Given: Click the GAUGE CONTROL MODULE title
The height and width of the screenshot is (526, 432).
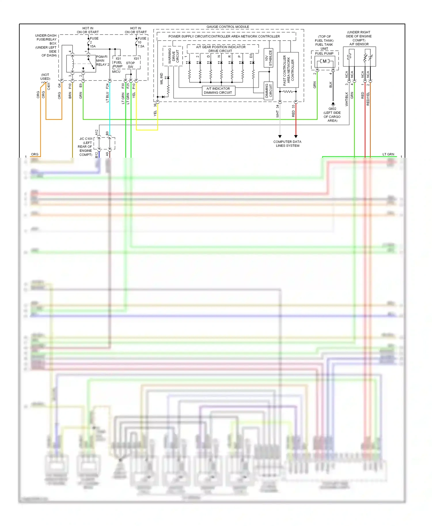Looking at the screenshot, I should pos(228,27).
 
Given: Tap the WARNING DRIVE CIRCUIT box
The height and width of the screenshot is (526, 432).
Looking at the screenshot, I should pos(173,56).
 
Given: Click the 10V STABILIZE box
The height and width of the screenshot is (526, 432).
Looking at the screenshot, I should pos(268,58).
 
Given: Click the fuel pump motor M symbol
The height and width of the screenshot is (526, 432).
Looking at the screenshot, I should pos(325,61).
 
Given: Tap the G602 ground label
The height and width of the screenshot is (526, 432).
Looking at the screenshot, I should pos(332,109).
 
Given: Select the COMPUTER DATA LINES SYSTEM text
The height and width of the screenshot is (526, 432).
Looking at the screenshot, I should pos(287,144).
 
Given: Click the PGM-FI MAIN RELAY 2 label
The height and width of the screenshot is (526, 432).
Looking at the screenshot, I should pos(102,61).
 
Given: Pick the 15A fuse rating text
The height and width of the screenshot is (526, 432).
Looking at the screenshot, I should pos(93,46).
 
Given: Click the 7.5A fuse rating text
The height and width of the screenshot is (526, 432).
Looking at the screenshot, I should pos(141,46).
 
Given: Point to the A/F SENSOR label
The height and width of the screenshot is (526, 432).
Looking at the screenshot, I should pos(359,44).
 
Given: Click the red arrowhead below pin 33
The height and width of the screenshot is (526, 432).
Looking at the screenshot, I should pos(296,136).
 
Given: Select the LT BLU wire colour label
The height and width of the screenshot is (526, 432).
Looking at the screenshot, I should pos(107,97).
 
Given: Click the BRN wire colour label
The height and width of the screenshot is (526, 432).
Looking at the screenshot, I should pos(70,95).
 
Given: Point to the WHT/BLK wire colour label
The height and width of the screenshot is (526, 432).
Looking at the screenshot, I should pos(347,99).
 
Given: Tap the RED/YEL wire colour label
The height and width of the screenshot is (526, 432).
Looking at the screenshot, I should pos(368,99).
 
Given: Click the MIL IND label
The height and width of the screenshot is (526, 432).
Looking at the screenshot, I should pos(162,79).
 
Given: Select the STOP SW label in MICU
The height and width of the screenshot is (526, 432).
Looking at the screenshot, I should pos(130,65).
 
